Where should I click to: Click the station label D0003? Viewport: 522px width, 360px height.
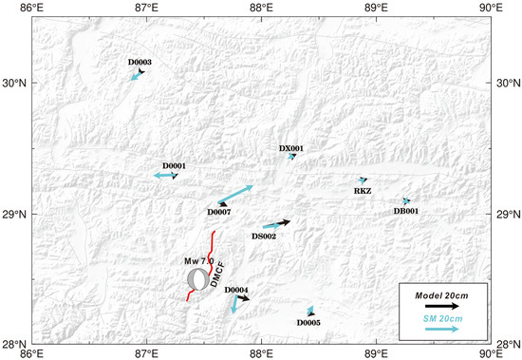[140, 63]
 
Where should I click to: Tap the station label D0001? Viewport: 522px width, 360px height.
[174, 166]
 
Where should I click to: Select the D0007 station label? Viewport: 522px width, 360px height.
[219, 212]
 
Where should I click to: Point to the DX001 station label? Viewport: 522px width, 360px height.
[291, 148]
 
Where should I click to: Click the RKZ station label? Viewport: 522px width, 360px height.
[363, 191]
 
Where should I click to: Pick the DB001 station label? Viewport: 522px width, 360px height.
[406, 211]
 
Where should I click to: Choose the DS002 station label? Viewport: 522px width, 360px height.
[264, 235]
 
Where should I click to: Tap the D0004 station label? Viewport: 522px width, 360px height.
[236, 290]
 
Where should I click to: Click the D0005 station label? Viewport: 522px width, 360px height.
[308, 322]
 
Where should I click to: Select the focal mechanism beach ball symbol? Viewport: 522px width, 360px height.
[196, 279]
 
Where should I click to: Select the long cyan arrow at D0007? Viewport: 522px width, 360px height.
[235, 194]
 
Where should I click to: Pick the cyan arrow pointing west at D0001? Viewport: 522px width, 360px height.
[165, 176]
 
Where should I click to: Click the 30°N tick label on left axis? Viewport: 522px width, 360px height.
[16, 84]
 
